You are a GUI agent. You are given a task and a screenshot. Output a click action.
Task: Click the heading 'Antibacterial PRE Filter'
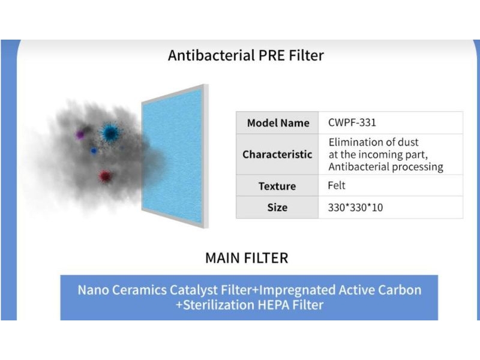pyautogui.click(x=246, y=56)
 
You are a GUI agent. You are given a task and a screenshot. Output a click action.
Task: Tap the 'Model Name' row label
pyautogui.click(x=278, y=123)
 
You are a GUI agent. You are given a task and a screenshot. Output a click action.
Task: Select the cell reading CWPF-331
pyautogui.click(x=352, y=122)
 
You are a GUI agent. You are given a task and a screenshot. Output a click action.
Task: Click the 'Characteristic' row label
pyautogui.click(x=277, y=154)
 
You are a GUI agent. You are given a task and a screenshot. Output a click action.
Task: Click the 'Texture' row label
pyautogui.click(x=277, y=186)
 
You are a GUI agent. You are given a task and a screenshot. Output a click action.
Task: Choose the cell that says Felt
pyautogui.click(x=337, y=185)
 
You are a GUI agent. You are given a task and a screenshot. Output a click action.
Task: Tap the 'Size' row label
pyautogui.click(x=277, y=207)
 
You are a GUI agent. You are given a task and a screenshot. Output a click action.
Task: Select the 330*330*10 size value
pyautogui.click(x=355, y=208)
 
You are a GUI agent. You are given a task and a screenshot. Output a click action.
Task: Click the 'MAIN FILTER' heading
pyautogui.click(x=247, y=258)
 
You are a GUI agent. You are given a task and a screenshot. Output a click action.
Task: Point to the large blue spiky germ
pyautogui.click(x=110, y=133)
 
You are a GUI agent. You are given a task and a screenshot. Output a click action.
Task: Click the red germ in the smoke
pyautogui.click(x=105, y=176)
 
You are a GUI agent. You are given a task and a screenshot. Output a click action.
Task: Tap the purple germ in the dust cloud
pyautogui.click(x=80, y=134)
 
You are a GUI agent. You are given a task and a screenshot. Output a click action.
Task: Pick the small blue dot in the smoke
pyautogui.click(x=94, y=151)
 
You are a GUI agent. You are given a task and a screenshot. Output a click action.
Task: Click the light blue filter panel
pyautogui.click(x=172, y=156)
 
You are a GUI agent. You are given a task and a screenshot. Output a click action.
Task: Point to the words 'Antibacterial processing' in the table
pyautogui.click(x=386, y=167)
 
